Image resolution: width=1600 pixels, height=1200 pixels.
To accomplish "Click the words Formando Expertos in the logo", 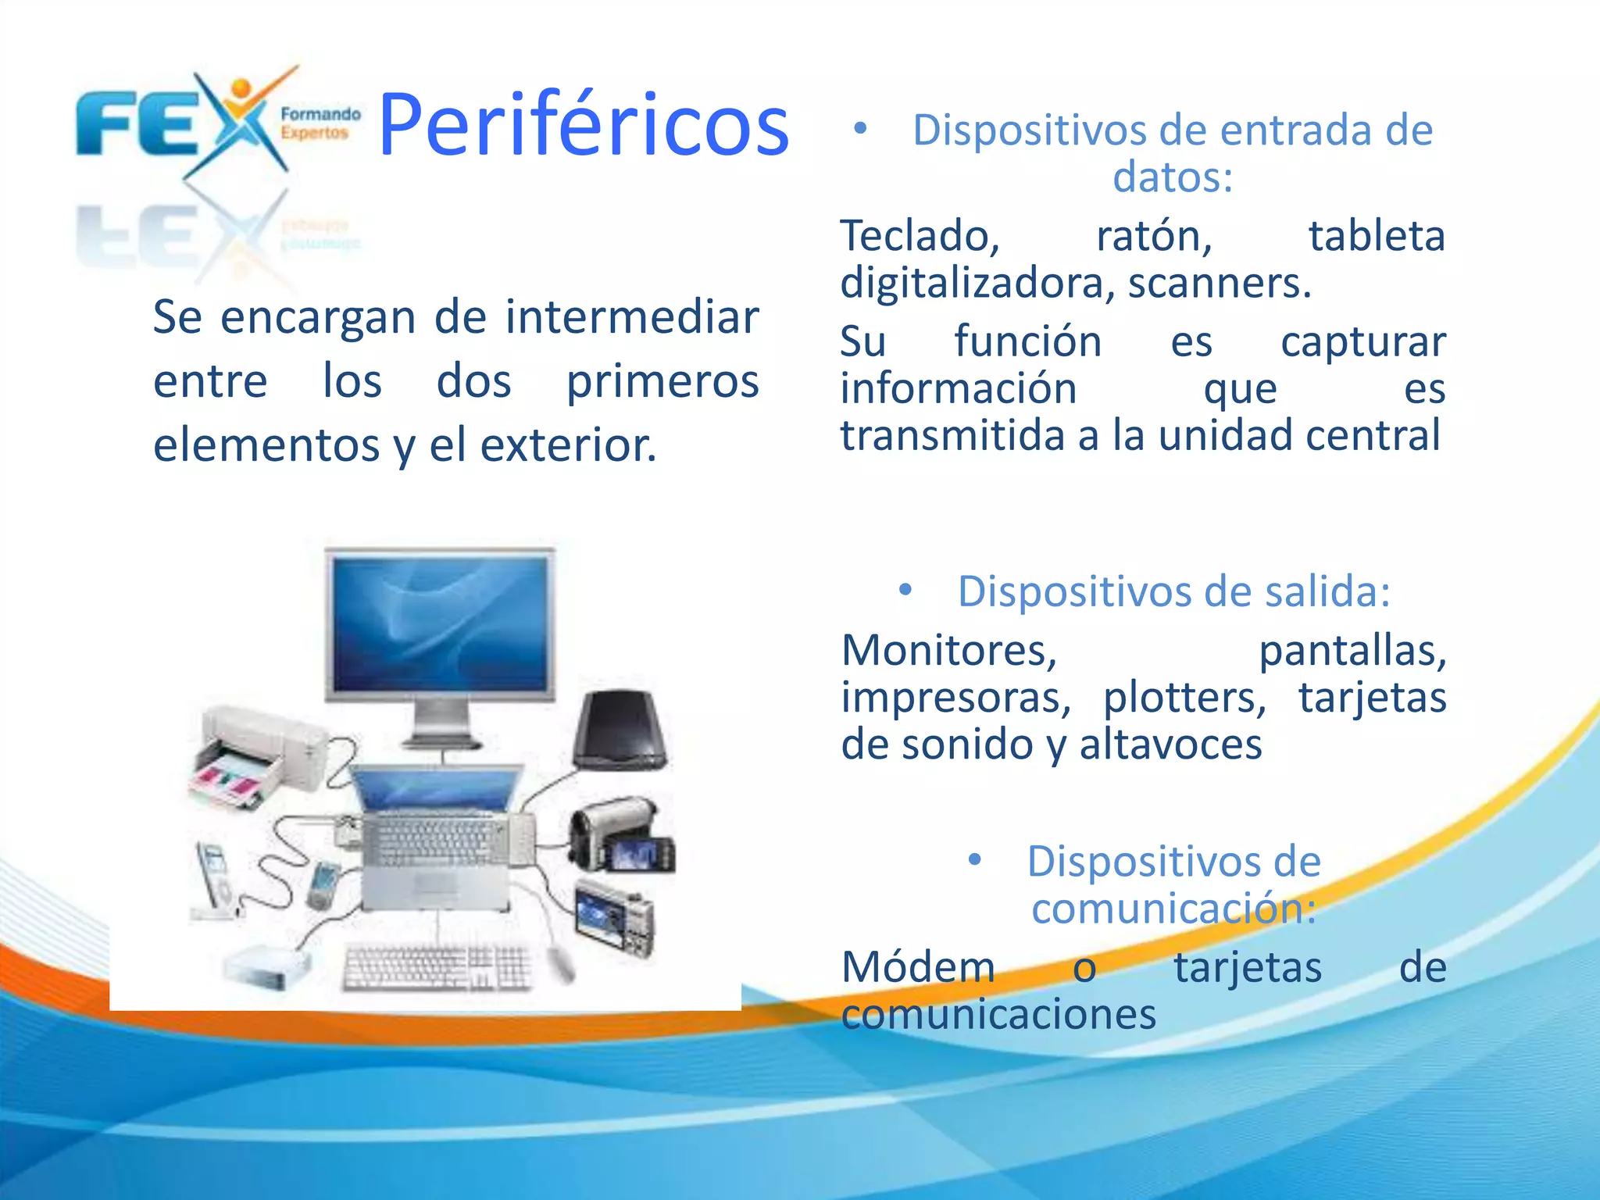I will click(x=320, y=123).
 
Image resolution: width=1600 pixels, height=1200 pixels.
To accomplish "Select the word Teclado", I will click(x=920, y=237).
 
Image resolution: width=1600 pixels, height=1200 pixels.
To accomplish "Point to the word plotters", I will click(x=1184, y=697).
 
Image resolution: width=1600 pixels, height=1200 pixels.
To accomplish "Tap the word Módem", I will click(x=919, y=967).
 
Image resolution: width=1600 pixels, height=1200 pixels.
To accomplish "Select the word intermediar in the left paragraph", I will click(x=632, y=317).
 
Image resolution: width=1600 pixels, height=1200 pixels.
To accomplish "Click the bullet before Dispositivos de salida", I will click(x=905, y=590).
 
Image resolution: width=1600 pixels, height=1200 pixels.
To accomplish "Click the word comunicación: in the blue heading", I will click(x=1173, y=909).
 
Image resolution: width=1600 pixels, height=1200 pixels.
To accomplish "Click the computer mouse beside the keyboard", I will click(x=560, y=963).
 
